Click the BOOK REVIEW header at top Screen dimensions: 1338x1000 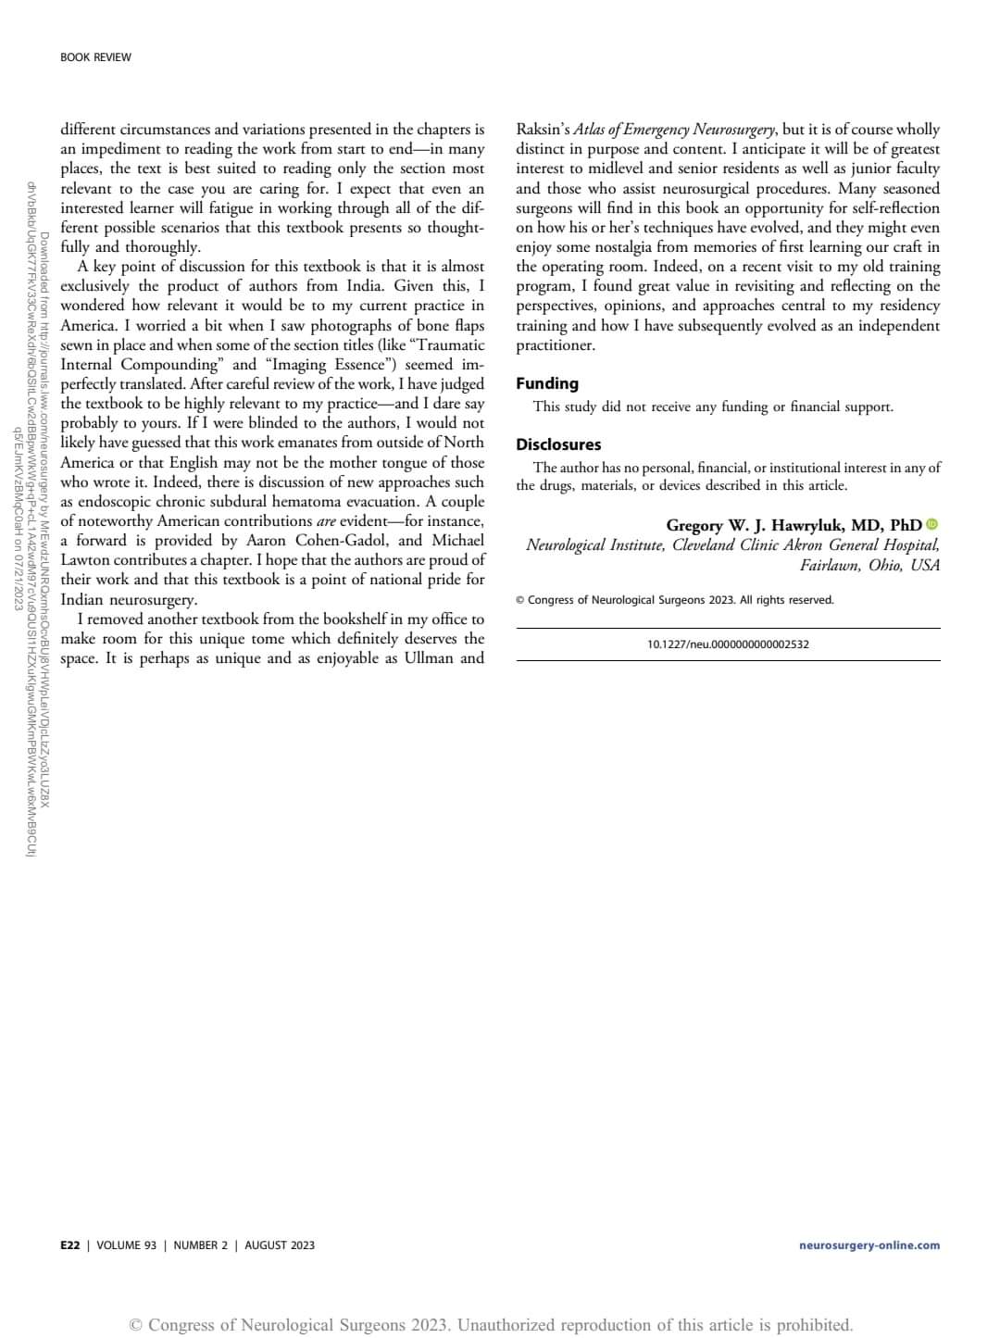(x=95, y=57)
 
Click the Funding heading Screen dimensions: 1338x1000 (x=547, y=383)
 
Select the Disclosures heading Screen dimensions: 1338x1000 (x=558, y=444)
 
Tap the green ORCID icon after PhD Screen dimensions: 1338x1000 (x=932, y=524)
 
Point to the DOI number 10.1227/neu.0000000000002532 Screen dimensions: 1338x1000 (x=728, y=644)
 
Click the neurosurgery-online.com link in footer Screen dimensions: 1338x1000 (x=869, y=1245)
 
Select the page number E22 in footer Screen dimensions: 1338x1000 (x=69, y=1245)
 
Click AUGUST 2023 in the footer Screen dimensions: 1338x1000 (x=280, y=1245)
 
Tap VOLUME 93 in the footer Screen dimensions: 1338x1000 (x=126, y=1245)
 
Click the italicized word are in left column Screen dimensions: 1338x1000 (x=326, y=521)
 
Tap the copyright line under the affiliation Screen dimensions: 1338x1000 (x=675, y=600)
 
